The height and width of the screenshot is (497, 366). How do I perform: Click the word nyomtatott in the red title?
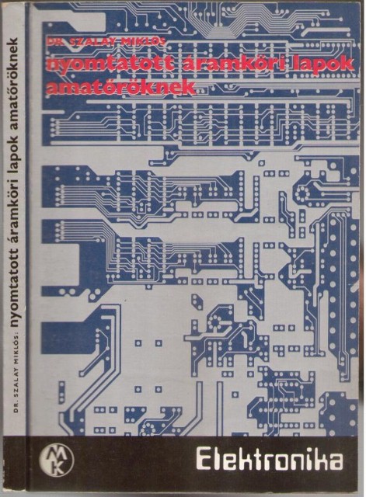(110, 65)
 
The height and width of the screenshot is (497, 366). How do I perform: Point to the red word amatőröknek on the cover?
(120, 85)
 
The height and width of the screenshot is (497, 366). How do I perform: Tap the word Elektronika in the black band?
(270, 461)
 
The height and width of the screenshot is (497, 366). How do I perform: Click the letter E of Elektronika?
(203, 461)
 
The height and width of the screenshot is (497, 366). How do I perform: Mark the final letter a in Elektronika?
(336, 463)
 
